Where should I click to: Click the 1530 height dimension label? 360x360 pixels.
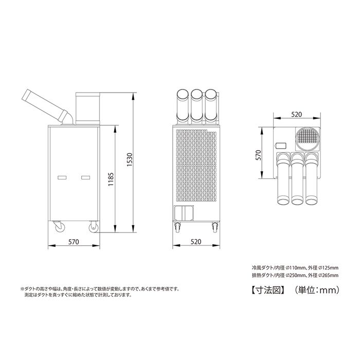(130, 159)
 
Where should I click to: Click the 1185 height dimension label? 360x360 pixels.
(111, 179)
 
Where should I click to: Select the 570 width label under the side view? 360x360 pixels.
(74, 242)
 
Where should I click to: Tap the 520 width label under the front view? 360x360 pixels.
(196, 242)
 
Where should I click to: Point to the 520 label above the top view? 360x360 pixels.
(297, 114)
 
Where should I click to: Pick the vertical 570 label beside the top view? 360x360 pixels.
(259, 155)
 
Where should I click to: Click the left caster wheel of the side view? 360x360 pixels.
(59, 226)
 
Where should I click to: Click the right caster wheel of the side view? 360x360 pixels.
(94, 227)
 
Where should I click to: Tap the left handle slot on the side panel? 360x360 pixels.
(62, 177)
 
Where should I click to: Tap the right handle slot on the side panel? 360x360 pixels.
(86, 177)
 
